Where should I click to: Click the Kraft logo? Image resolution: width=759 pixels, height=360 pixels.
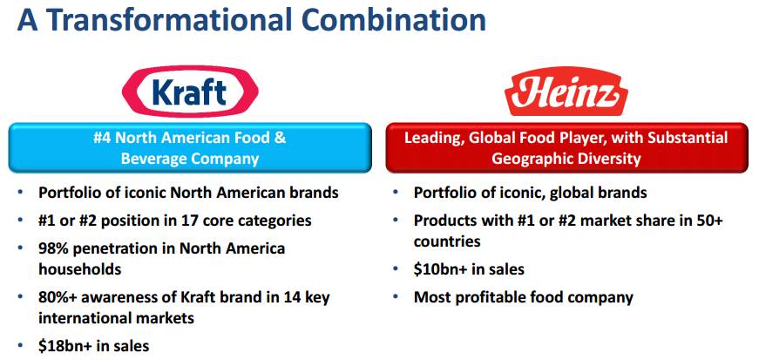click(x=190, y=92)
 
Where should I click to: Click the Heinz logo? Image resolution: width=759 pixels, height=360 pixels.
click(x=566, y=92)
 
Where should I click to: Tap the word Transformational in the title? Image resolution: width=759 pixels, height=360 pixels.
click(x=169, y=20)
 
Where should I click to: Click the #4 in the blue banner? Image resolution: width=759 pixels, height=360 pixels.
click(x=103, y=138)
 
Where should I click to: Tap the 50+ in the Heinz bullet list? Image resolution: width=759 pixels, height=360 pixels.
click(x=710, y=221)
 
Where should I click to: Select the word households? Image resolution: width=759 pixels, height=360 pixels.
click(x=80, y=268)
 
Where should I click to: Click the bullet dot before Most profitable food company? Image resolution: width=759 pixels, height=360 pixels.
click(x=396, y=295)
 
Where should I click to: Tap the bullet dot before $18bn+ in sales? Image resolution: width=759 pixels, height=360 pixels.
click(x=20, y=344)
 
